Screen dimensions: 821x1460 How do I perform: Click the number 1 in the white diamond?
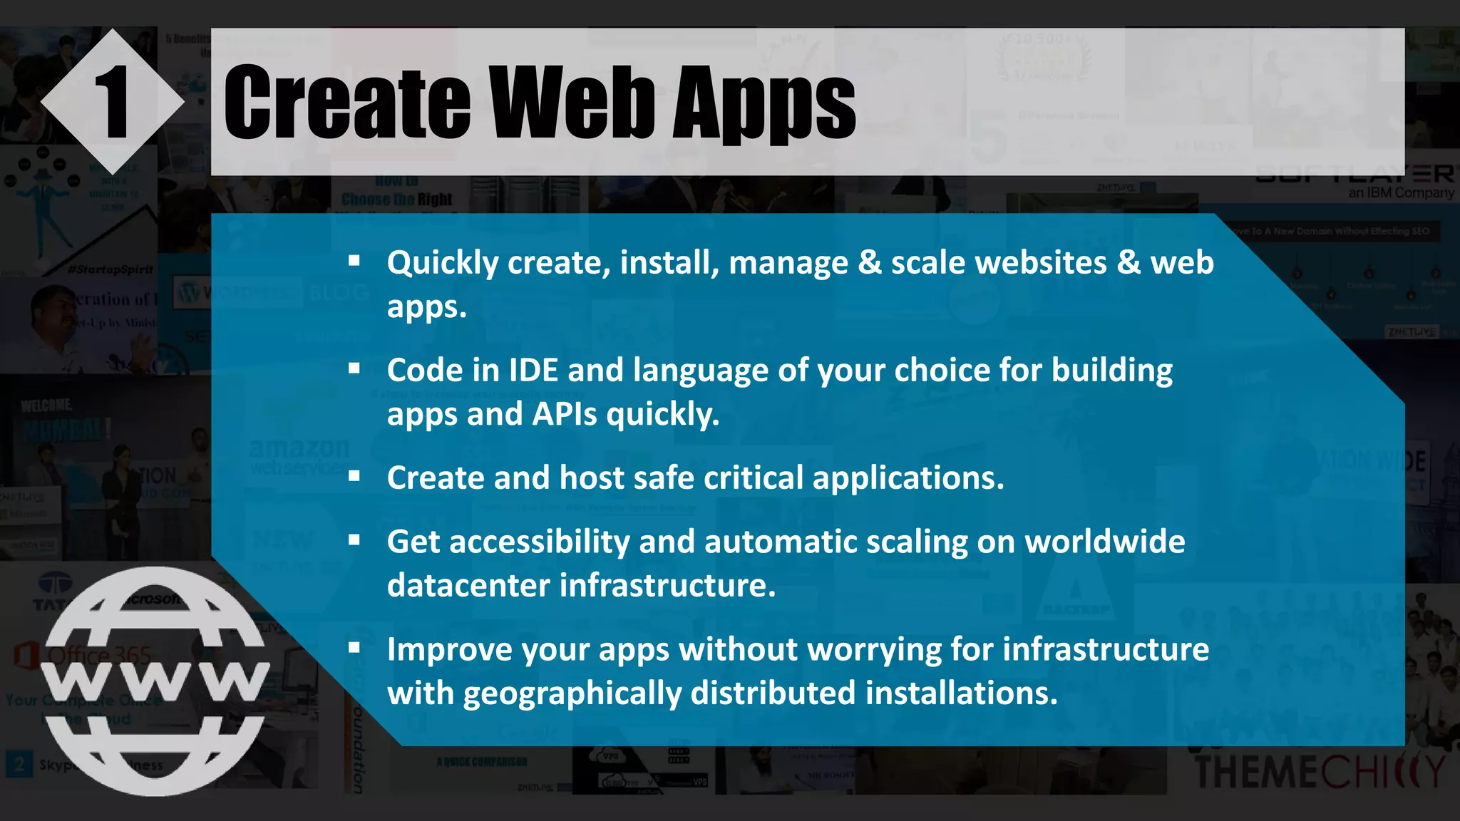112,102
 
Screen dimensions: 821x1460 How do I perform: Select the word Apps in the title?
764,104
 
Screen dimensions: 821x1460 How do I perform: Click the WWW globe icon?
155,681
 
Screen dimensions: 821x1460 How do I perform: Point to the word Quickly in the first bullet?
442,263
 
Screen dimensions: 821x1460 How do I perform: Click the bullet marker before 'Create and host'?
354,476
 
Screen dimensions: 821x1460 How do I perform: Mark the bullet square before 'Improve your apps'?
354,648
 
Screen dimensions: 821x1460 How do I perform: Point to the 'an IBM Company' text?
1401,193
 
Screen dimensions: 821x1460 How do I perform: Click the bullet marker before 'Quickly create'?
354,261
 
